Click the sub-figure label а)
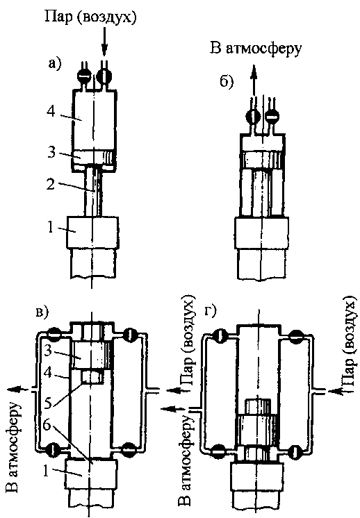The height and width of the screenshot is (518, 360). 54,62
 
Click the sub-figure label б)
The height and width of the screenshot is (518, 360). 227,81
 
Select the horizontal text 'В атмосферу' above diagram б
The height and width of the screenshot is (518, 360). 256,49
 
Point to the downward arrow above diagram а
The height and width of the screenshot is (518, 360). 104,42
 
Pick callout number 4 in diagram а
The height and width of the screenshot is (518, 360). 51,112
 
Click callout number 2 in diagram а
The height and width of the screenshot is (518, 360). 50,184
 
